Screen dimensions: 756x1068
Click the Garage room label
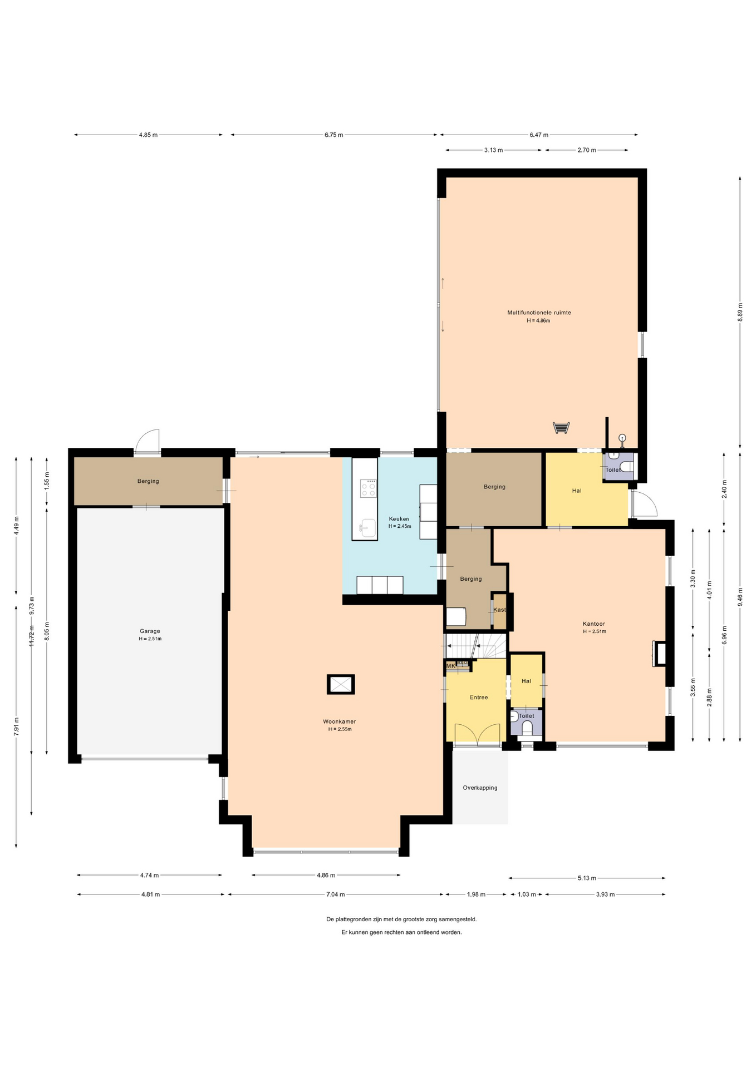150,631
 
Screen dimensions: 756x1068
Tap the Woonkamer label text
340,721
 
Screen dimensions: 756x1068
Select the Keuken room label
399,519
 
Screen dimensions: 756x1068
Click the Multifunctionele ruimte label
539,313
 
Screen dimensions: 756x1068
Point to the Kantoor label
593,624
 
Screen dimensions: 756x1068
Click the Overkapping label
480,788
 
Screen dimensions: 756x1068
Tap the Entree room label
479,697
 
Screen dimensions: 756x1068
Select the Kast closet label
500,610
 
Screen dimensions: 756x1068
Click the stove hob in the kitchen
368,488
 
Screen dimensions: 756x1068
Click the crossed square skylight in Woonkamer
341,684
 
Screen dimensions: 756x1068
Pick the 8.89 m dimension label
740,312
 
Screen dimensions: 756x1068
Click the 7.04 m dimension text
335,894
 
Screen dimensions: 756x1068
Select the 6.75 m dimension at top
334,135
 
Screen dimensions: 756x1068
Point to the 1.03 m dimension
527,894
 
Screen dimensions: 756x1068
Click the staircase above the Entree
476,646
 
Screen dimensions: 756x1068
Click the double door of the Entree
477,734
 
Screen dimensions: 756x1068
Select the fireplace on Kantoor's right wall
659,654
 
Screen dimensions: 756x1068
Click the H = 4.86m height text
538,321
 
